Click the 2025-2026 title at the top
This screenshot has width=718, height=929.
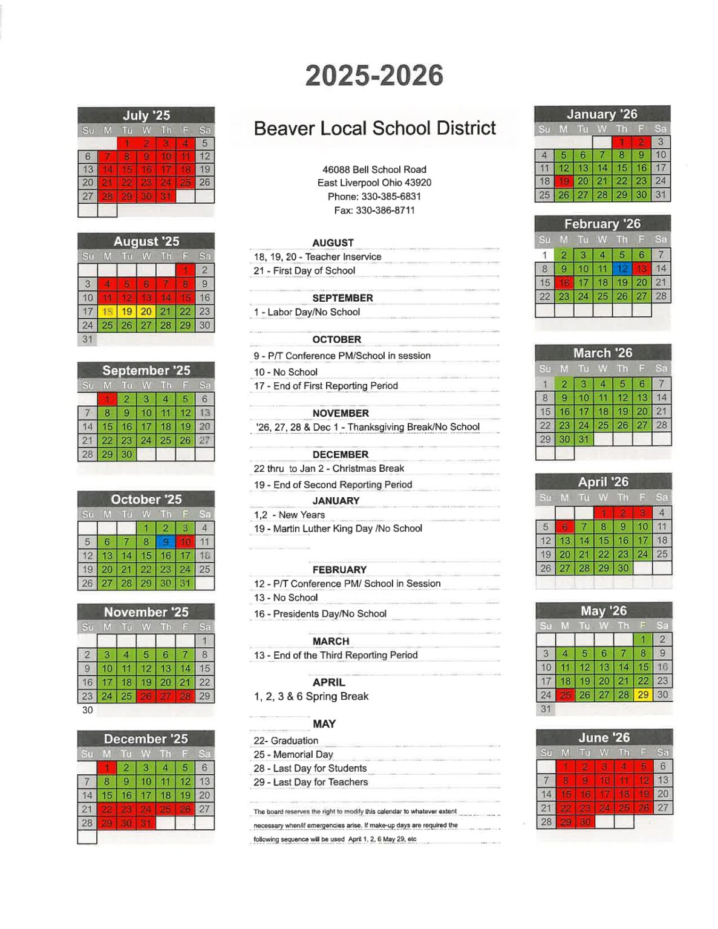coord(374,76)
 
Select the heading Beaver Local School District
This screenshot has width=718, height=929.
coord(374,128)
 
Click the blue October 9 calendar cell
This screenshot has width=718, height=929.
coord(165,542)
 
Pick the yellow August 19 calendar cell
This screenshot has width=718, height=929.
coord(126,311)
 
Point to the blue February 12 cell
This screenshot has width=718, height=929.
coord(622,269)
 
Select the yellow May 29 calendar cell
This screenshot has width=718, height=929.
coord(643,695)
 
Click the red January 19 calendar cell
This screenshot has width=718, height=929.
coord(564,181)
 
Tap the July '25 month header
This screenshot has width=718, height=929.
coord(146,116)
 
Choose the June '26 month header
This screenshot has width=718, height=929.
coord(604,738)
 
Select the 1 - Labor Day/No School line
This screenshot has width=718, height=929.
coord(307,312)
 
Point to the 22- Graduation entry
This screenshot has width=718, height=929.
coord(286,741)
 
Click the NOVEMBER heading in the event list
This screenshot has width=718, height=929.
coord(341,413)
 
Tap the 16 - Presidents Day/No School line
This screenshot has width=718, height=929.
coord(320,614)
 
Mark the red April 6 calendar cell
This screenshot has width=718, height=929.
coord(564,527)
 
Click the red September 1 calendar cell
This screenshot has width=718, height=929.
coord(107,399)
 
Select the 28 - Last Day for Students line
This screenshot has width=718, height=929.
coord(310,769)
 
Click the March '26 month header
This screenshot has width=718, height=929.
coord(602,353)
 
